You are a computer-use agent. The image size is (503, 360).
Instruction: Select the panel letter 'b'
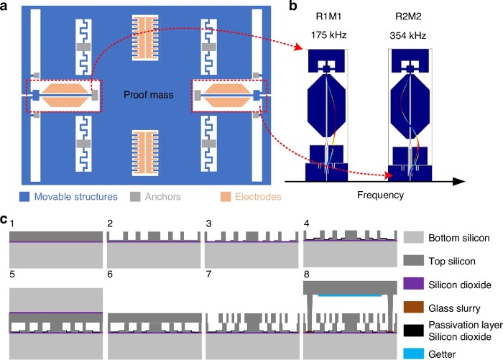coord(292,6)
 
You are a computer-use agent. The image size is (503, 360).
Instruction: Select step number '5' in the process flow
coord(12,274)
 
